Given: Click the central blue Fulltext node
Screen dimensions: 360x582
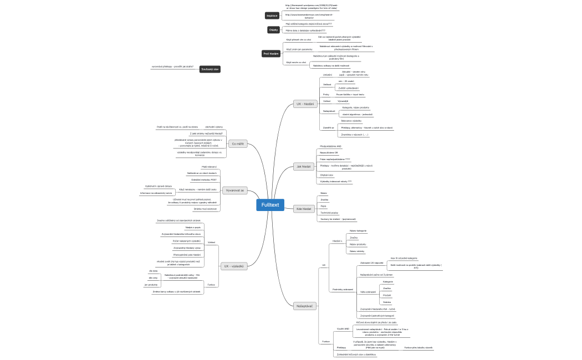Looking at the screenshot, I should [270, 205].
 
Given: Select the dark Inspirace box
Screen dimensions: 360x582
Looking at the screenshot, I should [272, 16].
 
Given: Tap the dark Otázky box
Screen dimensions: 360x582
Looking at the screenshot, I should [273, 29].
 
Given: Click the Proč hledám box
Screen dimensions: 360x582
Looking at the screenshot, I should [271, 53].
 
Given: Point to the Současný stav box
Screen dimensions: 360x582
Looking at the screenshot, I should [210, 69].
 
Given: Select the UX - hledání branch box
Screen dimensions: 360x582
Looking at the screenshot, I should [305, 104].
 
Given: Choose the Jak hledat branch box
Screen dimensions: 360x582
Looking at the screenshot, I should [303, 166].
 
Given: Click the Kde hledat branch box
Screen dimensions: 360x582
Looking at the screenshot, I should [303, 209].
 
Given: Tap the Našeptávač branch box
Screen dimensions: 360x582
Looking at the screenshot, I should [305, 305].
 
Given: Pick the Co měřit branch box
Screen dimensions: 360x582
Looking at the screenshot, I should [238, 143].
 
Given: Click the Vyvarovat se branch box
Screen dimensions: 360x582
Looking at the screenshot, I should [235, 190].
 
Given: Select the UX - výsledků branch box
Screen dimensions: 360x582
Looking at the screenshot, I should [234, 266].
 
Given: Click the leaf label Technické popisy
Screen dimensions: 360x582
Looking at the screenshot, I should [330, 212].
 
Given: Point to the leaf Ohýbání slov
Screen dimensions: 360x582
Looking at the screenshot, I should [328, 174].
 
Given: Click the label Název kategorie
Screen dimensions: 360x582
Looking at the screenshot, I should [358, 230].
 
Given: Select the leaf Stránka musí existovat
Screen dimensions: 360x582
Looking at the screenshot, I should [205, 209].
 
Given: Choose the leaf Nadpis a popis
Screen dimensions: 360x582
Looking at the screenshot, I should [193, 227].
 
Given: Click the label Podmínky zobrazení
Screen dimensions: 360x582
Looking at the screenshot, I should [342, 289].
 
